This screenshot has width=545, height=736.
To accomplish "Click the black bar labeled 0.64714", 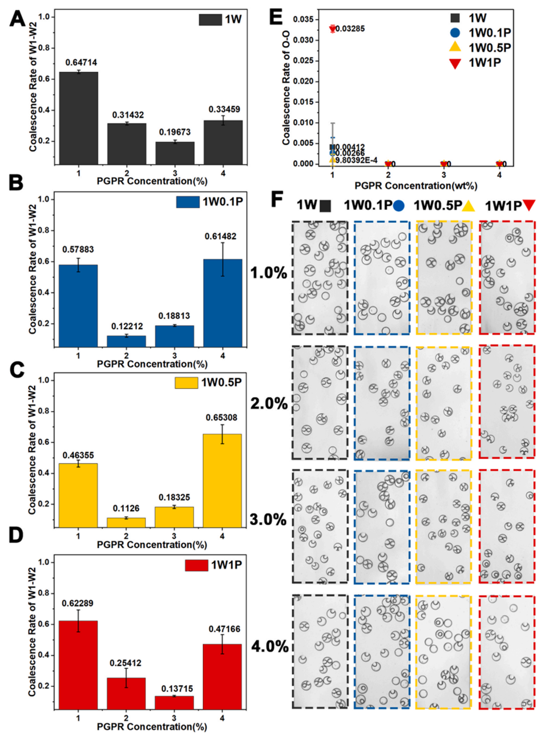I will click(79, 118).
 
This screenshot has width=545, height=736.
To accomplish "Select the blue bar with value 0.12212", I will click(127, 341).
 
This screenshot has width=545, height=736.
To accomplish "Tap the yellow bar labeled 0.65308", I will click(222, 480).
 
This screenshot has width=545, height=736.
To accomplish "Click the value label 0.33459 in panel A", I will click(224, 110).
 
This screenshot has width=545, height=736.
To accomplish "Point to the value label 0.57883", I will click(79, 249).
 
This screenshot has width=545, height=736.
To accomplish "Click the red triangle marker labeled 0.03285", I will click(333, 29).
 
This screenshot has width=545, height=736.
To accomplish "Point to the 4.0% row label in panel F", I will click(269, 646).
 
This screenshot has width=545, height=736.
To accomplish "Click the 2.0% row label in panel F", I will click(269, 403).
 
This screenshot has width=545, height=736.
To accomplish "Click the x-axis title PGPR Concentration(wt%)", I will click(415, 185).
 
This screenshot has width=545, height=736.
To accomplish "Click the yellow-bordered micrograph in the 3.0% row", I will click(443, 526).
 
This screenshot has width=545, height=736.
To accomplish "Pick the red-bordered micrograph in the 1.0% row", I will click(507, 277).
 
